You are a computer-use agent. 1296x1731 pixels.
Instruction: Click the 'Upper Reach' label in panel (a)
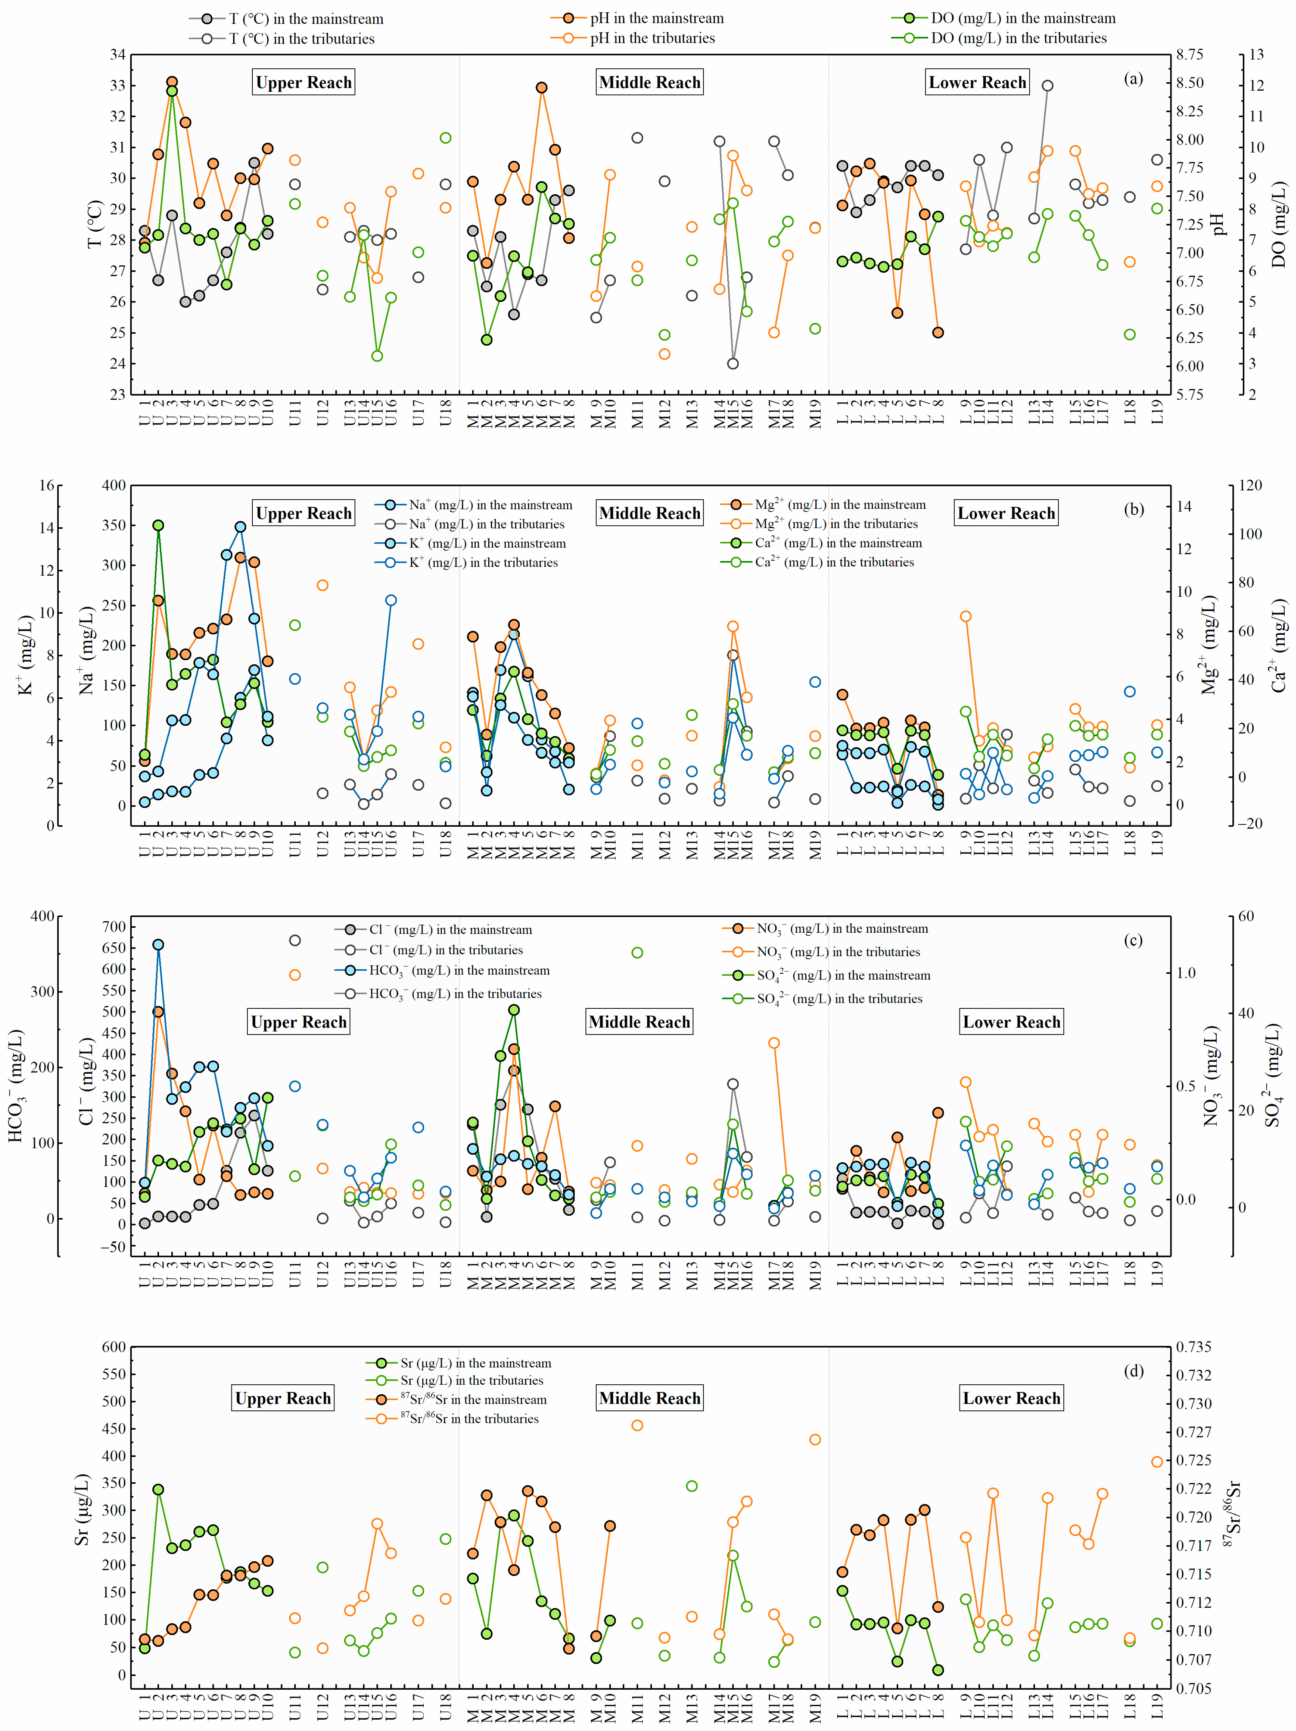[x=303, y=82]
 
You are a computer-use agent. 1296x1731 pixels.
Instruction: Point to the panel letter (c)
[x=1133, y=940]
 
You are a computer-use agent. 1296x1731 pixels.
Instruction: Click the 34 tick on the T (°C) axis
[x=117, y=55]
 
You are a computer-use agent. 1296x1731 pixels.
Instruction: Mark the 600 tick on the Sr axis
[x=114, y=1347]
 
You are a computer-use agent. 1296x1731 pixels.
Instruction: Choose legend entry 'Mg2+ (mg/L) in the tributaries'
[x=835, y=524]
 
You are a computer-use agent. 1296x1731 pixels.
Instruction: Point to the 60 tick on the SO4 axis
[x=1246, y=916]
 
